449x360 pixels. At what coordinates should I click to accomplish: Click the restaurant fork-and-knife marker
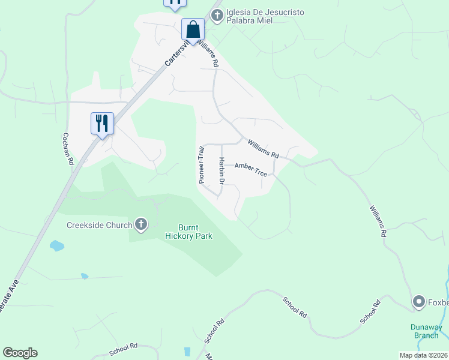click(x=101, y=124)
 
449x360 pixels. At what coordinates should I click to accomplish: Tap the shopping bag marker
click(x=193, y=30)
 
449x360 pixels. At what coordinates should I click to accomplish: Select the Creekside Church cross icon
click(x=141, y=225)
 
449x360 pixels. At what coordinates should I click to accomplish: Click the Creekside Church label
click(x=99, y=225)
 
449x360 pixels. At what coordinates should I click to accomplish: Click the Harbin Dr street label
click(x=221, y=171)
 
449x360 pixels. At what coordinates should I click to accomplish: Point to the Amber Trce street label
click(x=250, y=170)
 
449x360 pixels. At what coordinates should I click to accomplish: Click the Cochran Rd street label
click(x=68, y=149)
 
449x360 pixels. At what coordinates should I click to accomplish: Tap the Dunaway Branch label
click(x=426, y=331)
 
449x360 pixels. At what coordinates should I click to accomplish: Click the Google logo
click(x=20, y=353)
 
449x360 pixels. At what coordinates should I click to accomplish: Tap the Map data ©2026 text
click(x=423, y=355)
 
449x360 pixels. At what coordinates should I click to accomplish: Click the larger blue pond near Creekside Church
click(x=56, y=245)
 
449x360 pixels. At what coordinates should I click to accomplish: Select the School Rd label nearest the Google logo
click(x=124, y=349)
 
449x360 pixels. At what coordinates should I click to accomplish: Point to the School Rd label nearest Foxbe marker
click(x=370, y=312)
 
